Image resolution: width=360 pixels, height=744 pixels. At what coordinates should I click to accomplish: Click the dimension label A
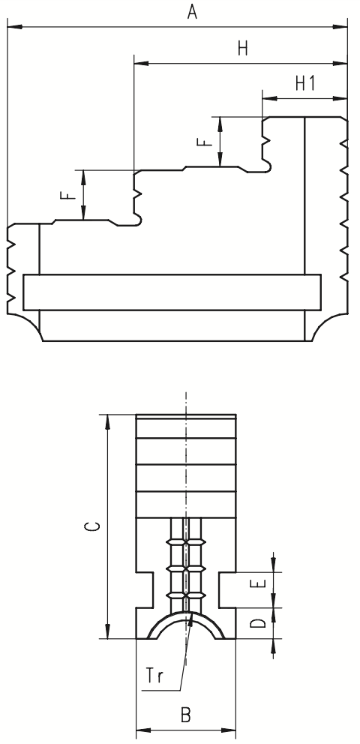(192, 11)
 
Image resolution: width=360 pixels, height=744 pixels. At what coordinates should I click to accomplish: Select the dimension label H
(243, 49)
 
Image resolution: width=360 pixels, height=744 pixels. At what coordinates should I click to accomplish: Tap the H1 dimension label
(305, 83)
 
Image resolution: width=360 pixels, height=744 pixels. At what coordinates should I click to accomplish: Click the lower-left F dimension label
(69, 195)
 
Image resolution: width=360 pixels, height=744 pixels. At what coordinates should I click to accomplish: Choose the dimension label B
(186, 714)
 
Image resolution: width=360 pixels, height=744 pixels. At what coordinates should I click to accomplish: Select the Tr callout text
(154, 676)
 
